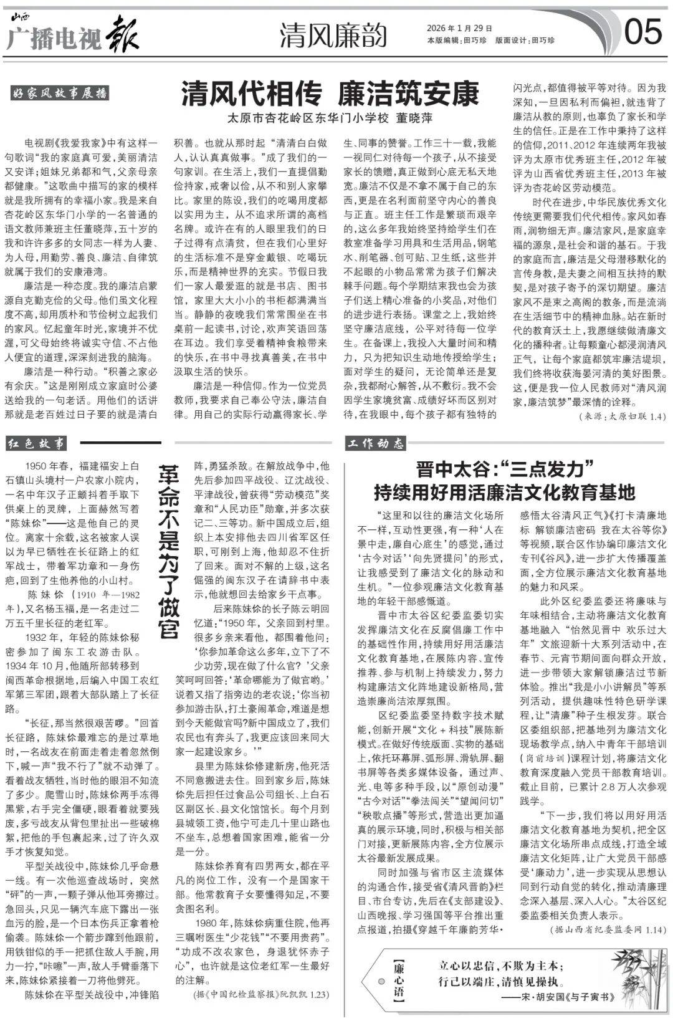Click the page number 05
pos(643,31)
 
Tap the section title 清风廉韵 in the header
pos(333,35)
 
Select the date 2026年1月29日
pos(459,28)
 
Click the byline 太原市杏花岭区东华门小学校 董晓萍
pos(330,118)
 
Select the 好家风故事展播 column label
pos(60,94)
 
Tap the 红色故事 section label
pos(37,443)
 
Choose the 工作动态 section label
pos(376,443)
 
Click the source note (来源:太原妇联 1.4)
pos(622,416)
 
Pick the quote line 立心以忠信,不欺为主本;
pos(500,966)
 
